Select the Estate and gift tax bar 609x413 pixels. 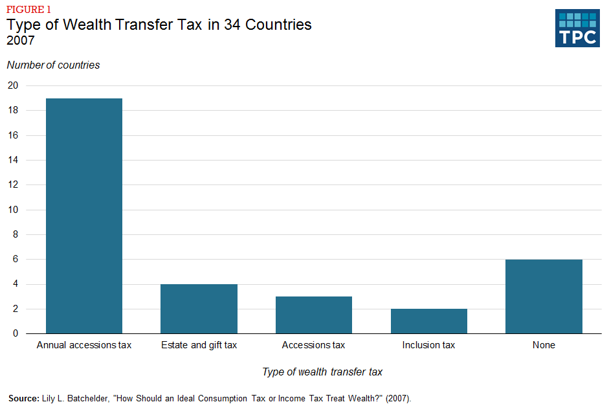(x=199, y=309)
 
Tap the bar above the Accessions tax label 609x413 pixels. (x=314, y=315)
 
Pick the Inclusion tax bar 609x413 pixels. (x=428, y=321)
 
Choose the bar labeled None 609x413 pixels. (x=544, y=296)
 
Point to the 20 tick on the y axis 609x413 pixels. (x=13, y=85)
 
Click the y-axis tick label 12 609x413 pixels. (x=13, y=184)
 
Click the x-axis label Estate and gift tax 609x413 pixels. (x=199, y=345)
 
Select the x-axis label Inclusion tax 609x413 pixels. (x=428, y=345)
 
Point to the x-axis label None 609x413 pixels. (x=544, y=345)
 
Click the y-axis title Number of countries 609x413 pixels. (x=53, y=65)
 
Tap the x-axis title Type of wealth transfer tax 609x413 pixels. (x=322, y=372)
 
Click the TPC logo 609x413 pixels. (x=577, y=28)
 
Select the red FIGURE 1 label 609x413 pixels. (x=28, y=9)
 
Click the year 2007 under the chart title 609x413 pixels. (x=21, y=41)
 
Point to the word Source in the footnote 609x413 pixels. (x=23, y=397)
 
